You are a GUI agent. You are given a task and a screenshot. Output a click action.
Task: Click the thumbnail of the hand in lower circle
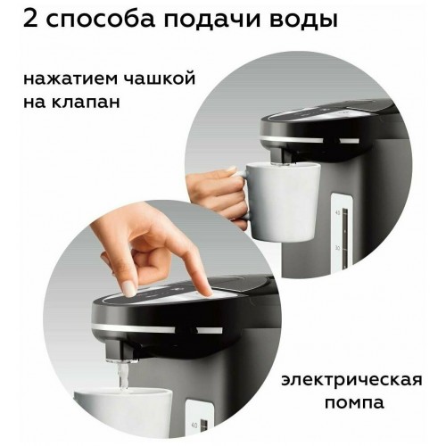pos(130,288)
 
